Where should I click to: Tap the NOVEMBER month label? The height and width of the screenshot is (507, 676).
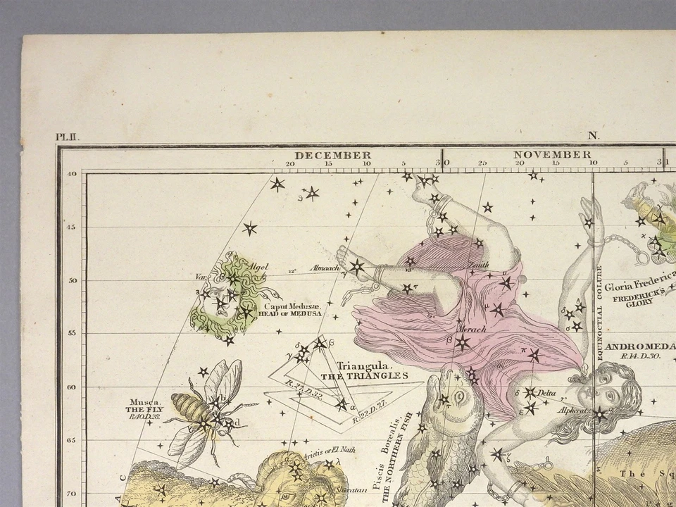point(552,154)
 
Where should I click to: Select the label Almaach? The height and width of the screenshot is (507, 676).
point(327,268)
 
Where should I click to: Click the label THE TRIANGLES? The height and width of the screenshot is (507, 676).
point(364,376)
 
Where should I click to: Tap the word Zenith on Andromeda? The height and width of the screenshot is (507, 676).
point(478,265)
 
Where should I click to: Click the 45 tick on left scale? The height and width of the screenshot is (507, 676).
point(71,227)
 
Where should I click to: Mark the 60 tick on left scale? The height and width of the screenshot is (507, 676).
point(71,387)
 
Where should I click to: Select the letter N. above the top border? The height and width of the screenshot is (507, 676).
point(594,137)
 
